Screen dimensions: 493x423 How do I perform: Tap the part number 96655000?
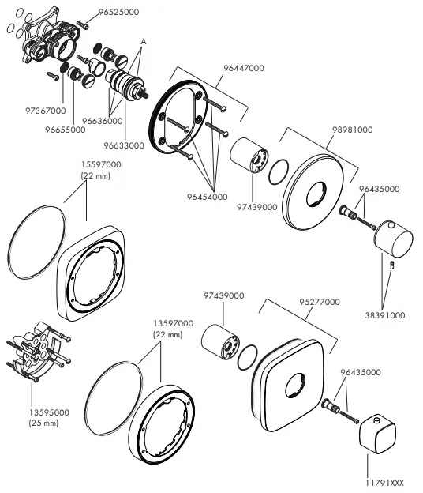tap(66, 130)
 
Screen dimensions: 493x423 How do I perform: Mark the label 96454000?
tap(208, 196)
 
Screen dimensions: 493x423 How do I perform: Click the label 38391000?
tap(384, 314)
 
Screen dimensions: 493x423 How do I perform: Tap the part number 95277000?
tap(319, 302)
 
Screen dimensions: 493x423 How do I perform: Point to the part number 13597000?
tap(173, 324)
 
